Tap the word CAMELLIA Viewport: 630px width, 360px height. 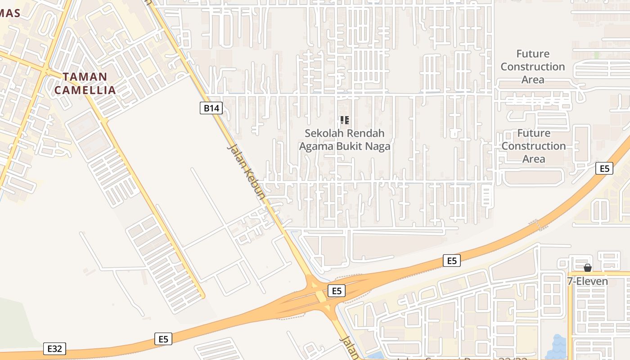(x=85, y=90)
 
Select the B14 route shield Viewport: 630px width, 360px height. (x=211, y=108)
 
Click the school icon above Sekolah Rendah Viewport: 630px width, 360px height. (x=345, y=120)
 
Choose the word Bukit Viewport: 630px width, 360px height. (x=353, y=146)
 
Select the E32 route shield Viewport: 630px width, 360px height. (x=55, y=348)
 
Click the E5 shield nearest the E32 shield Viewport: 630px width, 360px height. (x=163, y=339)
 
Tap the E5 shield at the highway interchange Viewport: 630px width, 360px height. (x=337, y=291)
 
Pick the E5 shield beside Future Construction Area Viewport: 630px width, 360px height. (x=604, y=168)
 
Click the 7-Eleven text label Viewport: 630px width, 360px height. (x=587, y=281)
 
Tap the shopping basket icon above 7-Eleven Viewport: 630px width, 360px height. (x=587, y=268)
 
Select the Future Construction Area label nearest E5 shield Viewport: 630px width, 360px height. (x=534, y=146)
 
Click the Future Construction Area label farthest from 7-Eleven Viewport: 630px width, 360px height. (x=533, y=67)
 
